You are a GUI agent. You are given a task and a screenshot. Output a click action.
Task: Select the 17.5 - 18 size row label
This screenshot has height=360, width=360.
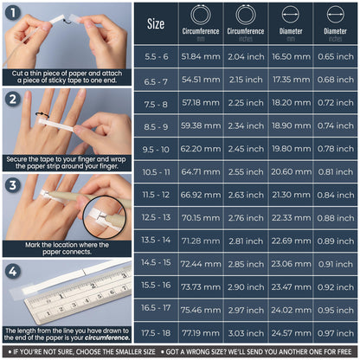coord(156,331)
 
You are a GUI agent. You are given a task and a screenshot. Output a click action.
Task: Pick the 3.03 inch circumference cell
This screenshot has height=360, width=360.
coord(246,331)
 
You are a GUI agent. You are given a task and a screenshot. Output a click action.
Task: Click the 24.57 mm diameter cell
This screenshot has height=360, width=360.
coord(291,331)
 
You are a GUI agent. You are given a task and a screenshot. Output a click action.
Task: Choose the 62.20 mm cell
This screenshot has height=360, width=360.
coord(201,149)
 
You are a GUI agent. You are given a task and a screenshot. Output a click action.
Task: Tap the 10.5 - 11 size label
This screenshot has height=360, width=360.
coord(156,171)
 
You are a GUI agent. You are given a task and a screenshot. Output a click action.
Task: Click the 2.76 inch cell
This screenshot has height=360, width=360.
coord(246,217)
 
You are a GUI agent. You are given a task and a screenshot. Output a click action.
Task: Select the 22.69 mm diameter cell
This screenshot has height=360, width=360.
coord(291,240)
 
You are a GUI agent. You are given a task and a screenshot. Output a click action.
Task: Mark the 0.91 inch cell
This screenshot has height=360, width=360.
coord(336,262)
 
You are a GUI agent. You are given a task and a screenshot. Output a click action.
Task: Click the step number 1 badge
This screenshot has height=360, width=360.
coord(11,14)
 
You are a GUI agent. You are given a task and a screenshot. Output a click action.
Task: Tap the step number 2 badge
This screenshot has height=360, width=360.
coord(12,99)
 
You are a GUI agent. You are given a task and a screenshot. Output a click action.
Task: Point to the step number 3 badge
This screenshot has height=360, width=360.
coord(12,183)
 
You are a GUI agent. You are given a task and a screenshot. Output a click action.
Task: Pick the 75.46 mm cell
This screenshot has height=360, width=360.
coord(201,308)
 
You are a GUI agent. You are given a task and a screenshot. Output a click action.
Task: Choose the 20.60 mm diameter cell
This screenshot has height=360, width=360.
coord(291,171)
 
